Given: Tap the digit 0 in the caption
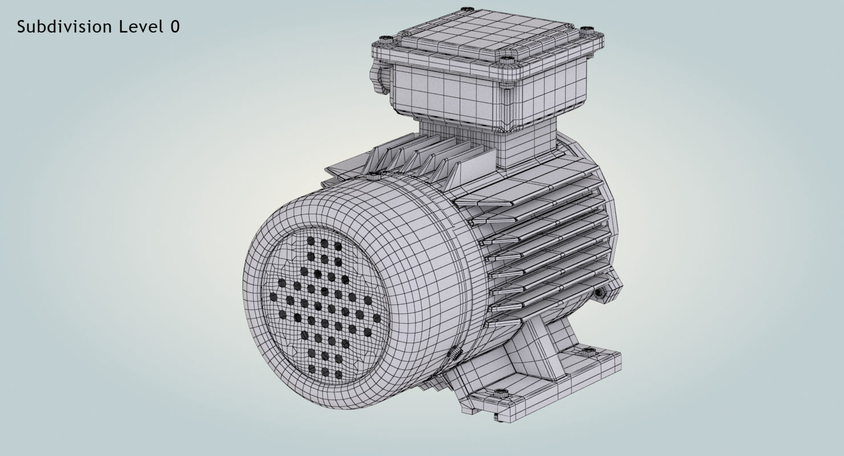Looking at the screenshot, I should click(175, 27).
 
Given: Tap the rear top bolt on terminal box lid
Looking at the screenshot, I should click(466, 9).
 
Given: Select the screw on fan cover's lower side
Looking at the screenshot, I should click(456, 353).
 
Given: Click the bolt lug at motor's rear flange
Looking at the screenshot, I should click(601, 292).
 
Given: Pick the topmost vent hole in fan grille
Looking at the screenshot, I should click(311, 241).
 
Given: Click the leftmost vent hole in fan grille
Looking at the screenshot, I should click(273, 297).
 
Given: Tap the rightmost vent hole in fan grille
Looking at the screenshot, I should click(376, 318).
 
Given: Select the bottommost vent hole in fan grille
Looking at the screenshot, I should click(339, 374).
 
